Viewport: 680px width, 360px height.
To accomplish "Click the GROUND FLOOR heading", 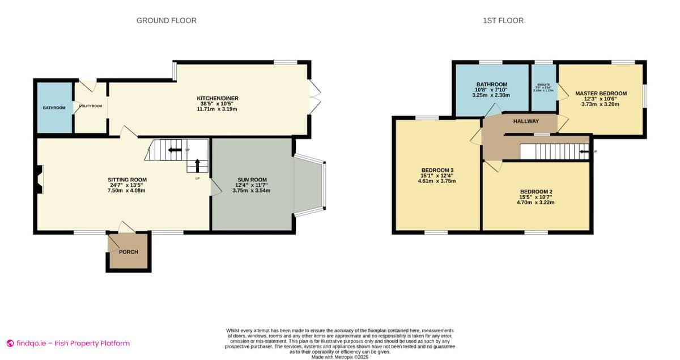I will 166,20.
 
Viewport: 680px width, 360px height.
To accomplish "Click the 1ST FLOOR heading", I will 503,20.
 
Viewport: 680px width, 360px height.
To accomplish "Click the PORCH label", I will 128,252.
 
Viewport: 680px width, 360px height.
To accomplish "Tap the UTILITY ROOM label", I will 90,106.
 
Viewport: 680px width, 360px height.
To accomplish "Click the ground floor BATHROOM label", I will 54,108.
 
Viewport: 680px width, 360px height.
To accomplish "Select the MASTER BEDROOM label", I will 601,94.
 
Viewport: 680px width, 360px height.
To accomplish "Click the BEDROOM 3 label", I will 437,170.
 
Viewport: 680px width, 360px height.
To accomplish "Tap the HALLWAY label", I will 526,121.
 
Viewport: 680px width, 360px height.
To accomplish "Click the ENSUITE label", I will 543,84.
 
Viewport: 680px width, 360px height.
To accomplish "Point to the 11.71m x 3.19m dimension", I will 217,109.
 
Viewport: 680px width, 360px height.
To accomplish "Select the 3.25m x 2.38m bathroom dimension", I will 491,95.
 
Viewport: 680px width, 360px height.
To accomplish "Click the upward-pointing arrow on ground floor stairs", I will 197,165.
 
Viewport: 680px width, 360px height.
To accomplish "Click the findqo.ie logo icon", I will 10,343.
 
